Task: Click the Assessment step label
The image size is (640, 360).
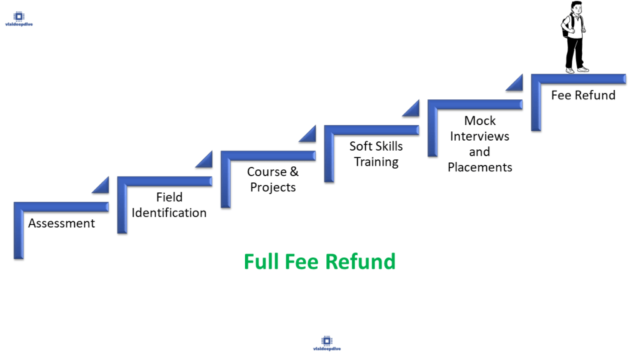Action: point(61,223)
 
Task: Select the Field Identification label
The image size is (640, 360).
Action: point(169,205)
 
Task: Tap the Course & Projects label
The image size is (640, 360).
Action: point(272,179)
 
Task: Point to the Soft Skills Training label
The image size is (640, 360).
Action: point(376,154)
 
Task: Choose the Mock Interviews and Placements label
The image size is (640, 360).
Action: point(480,144)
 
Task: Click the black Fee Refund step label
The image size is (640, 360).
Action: point(583,95)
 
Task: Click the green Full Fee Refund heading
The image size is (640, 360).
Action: point(319,261)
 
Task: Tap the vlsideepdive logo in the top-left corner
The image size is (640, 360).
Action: point(19,19)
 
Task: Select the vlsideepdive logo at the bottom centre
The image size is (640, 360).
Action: point(327,344)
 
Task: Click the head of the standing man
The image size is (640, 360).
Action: point(575,9)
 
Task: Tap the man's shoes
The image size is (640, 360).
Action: point(577,69)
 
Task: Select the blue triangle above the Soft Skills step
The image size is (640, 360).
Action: point(308,134)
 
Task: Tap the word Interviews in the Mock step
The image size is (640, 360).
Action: point(480,136)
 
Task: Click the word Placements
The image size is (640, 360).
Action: point(480,167)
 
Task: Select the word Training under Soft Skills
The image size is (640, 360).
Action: point(376,162)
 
